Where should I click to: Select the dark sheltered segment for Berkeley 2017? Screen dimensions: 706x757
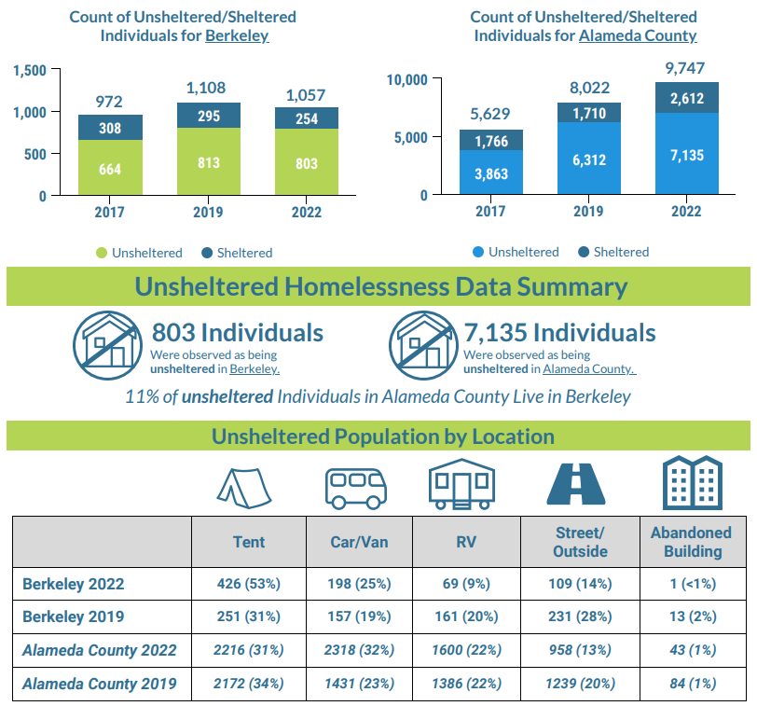(x=110, y=128)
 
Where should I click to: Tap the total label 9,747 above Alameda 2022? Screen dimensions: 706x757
(x=686, y=67)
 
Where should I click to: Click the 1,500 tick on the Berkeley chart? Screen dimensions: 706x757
(x=31, y=71)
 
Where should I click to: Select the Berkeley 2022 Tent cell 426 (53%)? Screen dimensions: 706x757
(x=249, y=585)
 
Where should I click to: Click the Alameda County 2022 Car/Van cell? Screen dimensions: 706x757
(x=361, y=650)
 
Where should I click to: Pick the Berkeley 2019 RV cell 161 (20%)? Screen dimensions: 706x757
(x=466, y=617)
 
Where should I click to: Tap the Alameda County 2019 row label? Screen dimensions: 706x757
(x=100, y=683)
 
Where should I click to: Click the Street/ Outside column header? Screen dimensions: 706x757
(x=579, y=542)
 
